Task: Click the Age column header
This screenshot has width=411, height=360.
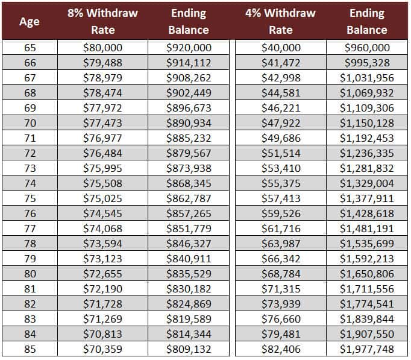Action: (30, 21)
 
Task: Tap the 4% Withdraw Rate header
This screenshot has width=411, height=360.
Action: (280, 21)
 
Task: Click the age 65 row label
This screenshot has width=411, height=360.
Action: (30, 48)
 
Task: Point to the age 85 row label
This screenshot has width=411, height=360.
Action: (30, 349)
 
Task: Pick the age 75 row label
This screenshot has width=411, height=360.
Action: (30, 198)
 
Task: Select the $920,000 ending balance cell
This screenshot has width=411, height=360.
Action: (189, 48)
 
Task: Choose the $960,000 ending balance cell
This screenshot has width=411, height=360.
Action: (367, 48)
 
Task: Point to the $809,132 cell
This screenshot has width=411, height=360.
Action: (189, 349)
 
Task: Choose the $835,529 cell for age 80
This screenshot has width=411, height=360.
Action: (189, 274)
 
